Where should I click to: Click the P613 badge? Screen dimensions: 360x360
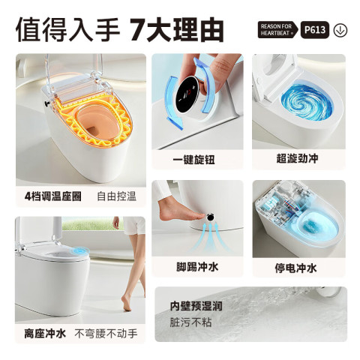(x=315, y=30)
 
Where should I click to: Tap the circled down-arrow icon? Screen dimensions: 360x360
(x=340, y=30)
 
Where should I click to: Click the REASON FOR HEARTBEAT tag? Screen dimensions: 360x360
(x=277, y=30)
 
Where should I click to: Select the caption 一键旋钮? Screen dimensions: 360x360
(x=193, y=160)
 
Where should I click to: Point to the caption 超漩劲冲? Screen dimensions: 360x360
(x=297, y=158)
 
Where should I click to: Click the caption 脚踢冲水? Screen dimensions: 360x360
(x=197, y=267)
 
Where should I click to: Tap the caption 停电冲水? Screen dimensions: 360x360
(x=295, y=268)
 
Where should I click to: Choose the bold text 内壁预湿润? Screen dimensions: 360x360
(x=196, y=305)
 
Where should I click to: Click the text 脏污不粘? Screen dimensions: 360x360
(x=190, y=322)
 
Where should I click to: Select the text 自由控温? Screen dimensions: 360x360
(x=117, y=196)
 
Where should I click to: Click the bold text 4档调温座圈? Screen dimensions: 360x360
(x=52, y=196)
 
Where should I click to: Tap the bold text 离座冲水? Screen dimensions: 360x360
(x=45, y=334)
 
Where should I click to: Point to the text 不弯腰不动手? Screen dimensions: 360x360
(x=106, y=334)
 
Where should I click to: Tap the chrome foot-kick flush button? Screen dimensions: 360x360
(x=210, y=217)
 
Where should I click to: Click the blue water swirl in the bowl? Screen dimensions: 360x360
(x=307, y=102)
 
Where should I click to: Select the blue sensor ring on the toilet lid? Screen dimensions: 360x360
(x=81, y=250)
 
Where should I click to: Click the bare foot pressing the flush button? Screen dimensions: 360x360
(x=182, y=209)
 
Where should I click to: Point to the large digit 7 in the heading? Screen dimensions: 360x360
(x=137, y=29)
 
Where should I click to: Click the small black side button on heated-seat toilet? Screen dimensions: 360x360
(x=46, y=103)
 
